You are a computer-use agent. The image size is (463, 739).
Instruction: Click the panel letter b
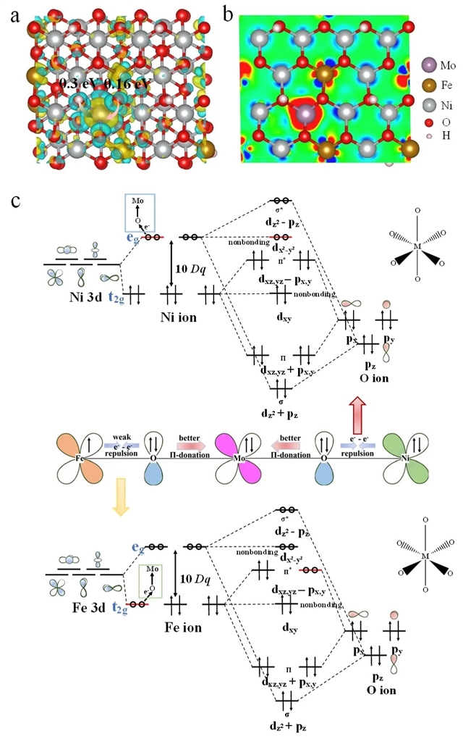click(229, 14)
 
